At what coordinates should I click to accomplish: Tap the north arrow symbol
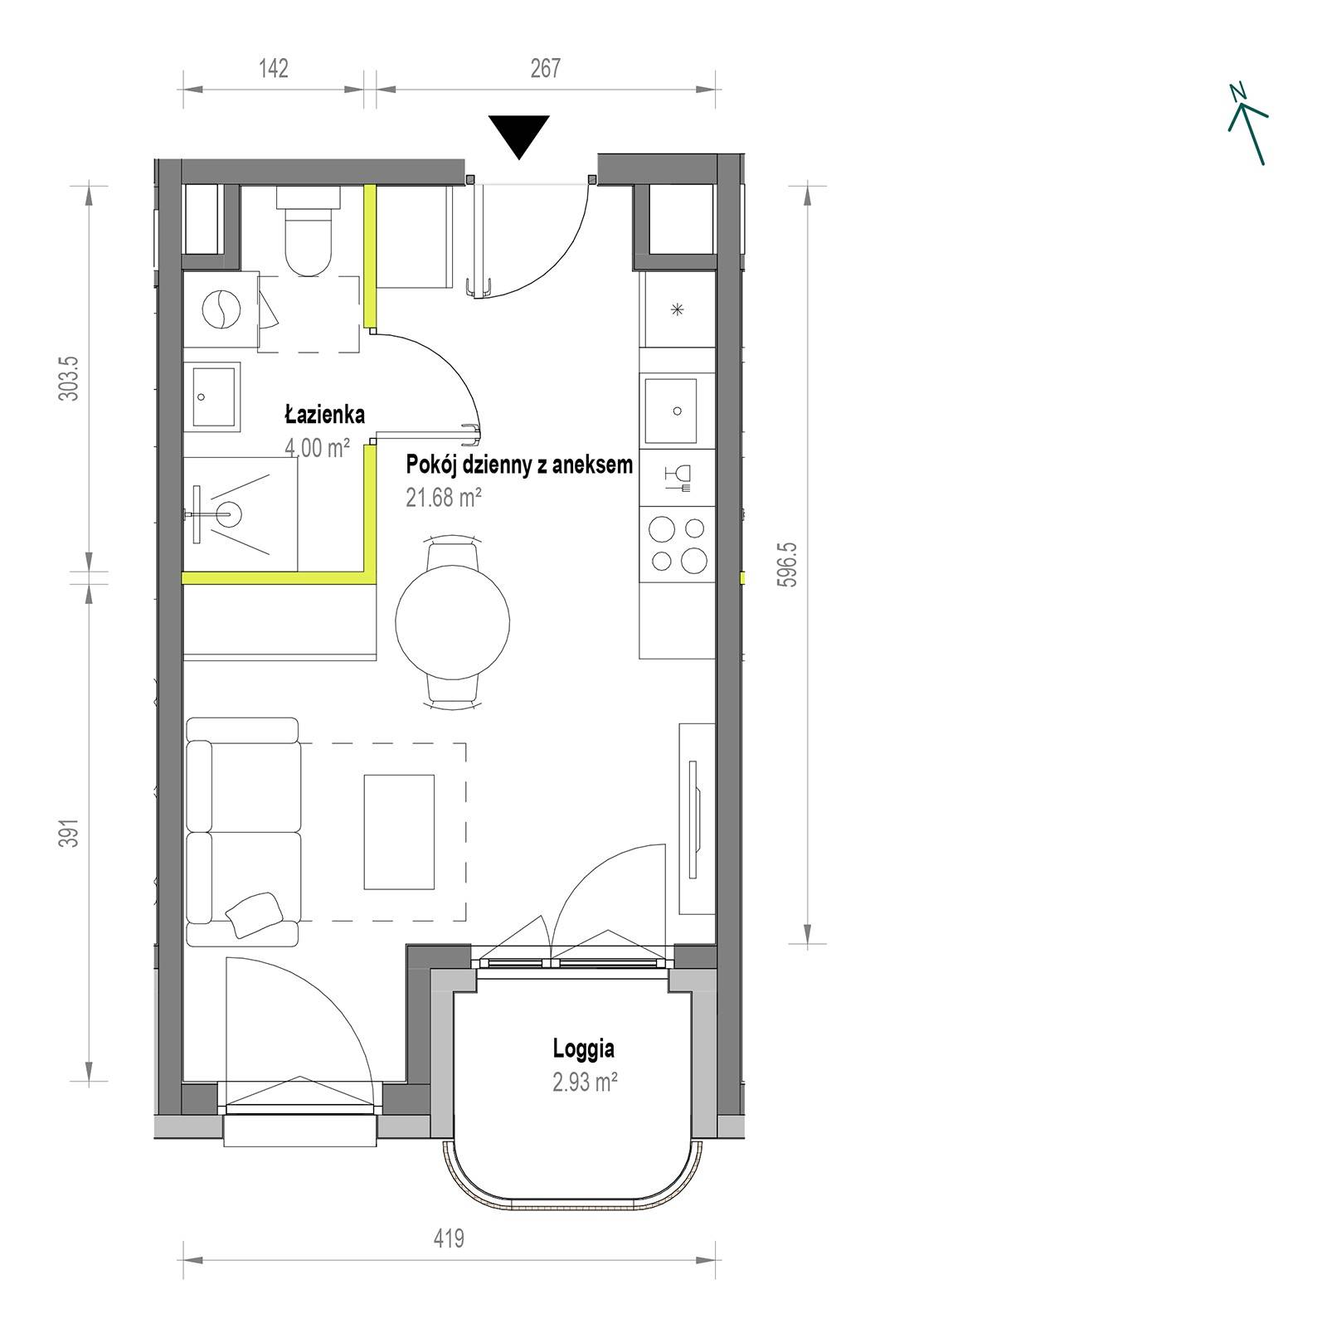(x=1247, y=124)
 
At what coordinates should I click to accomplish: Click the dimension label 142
(x=273, y=68)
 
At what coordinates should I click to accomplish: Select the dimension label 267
(x=546, y=68)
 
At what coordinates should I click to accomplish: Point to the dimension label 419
(x=449, y=1238)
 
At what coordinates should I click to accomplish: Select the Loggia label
(x=584, y=1049)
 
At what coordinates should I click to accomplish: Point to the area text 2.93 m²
(x=586, y=1082)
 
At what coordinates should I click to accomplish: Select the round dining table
(x=452, y=621)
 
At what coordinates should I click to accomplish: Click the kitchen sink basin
(x=678, y=411)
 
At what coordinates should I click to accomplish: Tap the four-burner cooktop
(x=678, y=546)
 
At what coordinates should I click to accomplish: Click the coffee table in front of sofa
(x=399, y=832)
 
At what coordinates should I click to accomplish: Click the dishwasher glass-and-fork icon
(x=678, y=479)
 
